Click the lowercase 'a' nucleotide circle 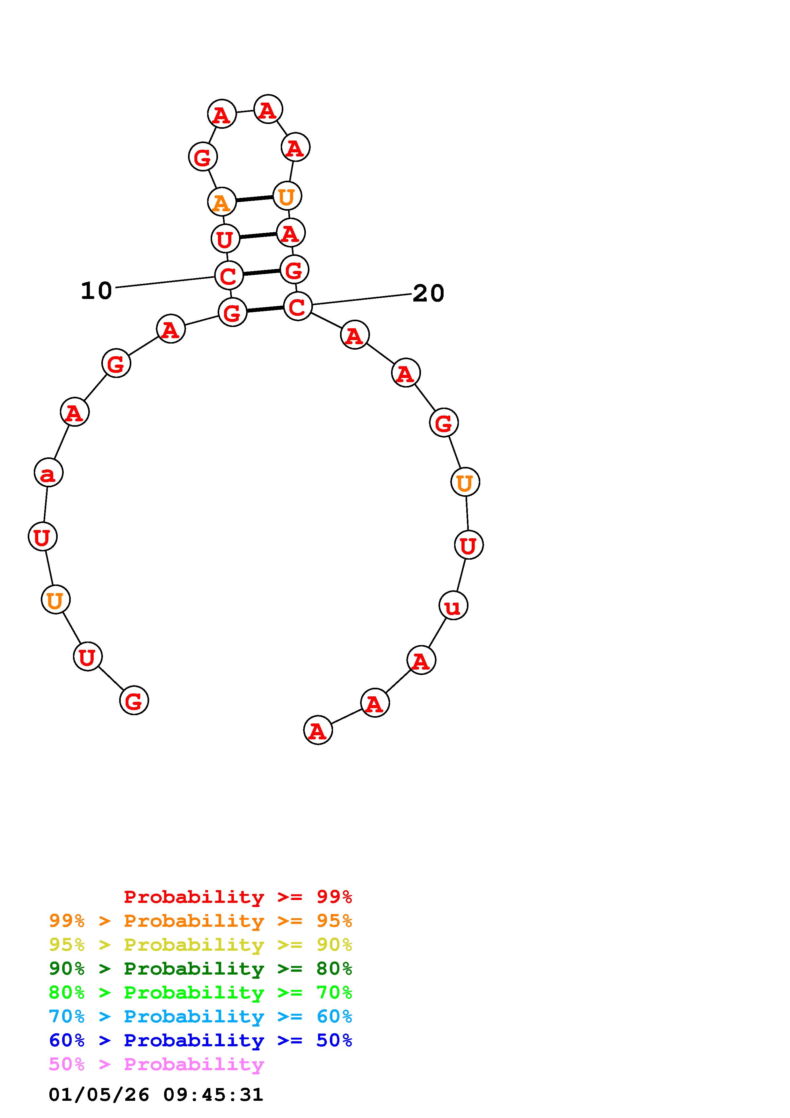49,472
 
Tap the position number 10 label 96,291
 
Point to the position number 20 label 428,293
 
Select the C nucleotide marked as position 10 229,275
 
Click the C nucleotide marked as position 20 297,306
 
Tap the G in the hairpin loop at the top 202,157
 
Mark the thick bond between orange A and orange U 255,199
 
